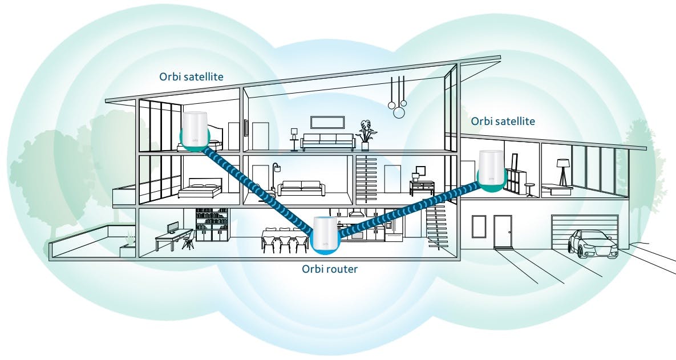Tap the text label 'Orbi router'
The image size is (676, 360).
coord(329,269)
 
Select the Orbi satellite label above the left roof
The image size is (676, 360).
coord(192,76)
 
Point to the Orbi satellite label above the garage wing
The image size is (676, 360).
coord(503,121)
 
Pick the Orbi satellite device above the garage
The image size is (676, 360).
coord(492,169)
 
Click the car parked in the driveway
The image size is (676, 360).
coord(593,244)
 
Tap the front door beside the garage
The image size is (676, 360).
coord(503,230)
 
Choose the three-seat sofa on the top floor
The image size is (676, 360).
coord(328,141)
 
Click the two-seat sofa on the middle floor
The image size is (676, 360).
coord(301,188)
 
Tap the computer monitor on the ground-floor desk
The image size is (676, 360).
coord(172,228)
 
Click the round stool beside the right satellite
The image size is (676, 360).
coord(531,189)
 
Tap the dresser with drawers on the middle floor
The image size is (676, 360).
coord(422,188)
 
